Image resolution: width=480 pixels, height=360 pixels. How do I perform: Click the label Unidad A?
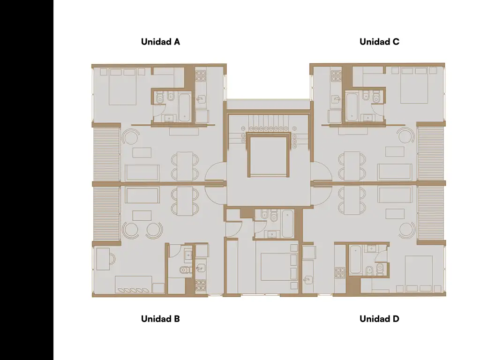[x=160, y=42]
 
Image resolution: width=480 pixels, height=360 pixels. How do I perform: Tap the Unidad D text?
[x=379, y=319]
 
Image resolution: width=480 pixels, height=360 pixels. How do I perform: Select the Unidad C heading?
[x=379, y=42]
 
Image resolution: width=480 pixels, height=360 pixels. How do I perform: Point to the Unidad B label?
[x=160, y=319]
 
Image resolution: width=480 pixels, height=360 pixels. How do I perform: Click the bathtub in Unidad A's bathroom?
[x=185, y=107]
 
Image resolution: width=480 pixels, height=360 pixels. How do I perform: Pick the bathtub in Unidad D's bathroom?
[x=355, y=259]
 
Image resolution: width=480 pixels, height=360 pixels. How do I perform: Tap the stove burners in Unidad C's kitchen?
[x=336, y=76]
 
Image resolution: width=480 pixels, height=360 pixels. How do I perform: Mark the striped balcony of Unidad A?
[x=106, y=155]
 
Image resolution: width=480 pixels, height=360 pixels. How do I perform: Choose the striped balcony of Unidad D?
[x=431, y=213]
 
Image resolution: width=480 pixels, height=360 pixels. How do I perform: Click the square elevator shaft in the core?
[x=269, y=156]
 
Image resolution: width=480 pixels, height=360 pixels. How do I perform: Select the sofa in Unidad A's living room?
[x=142, y=172]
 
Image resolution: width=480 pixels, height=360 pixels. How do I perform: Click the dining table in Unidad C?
[x=352, y=165]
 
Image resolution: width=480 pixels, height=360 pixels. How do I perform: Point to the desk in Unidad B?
[x=103, y=259]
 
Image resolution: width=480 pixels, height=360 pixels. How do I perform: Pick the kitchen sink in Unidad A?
[x=201, y=99]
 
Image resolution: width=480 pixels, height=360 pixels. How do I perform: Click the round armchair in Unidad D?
[x=407, y=231]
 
